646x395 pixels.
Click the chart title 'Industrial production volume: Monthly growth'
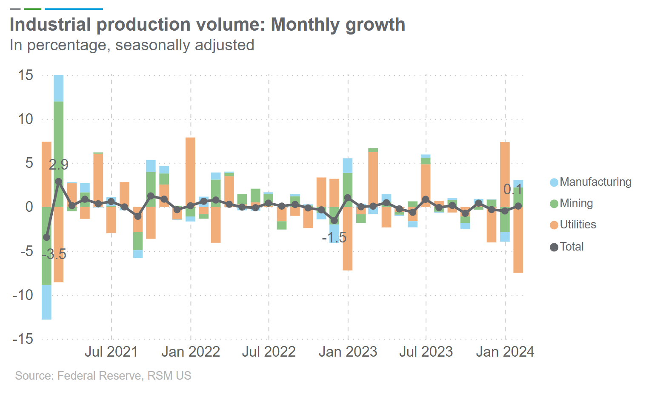[207, 25]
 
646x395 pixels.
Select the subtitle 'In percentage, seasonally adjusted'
[132, 45]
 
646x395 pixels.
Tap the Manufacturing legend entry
[595, 182]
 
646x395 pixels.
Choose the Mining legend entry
[576, 203]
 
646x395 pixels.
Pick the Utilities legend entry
[577, 225]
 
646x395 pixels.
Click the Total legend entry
[571, 247]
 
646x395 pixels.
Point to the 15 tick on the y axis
[26, 75]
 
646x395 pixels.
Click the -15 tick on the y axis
[23, 339]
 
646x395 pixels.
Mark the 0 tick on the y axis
[29, 207]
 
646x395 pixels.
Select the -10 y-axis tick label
[23, 295]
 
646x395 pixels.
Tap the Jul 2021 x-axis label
[111, 352]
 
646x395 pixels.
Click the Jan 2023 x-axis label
[348, 352]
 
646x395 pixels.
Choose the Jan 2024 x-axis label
[505, 352]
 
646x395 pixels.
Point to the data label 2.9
[58, 165]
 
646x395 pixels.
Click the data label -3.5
[54, 254]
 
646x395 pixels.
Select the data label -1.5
[334, 238]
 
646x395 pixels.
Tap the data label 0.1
[513, 189]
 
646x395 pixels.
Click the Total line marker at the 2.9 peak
[59, 181]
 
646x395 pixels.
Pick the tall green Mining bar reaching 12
[59, 153]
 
